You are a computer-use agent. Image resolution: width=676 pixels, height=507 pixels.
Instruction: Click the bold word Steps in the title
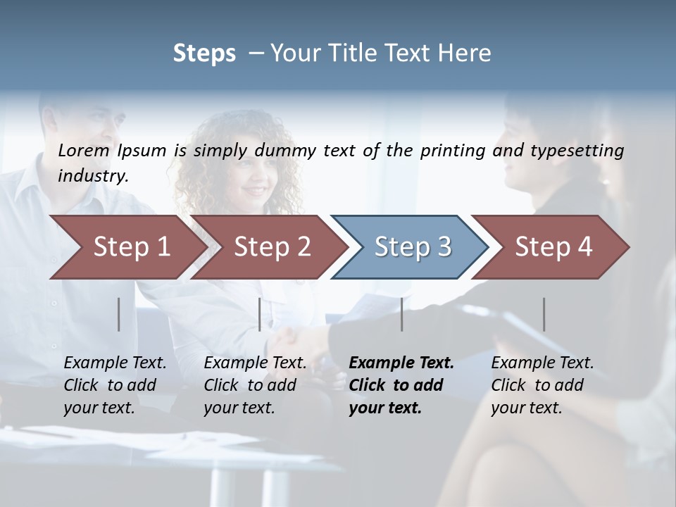(x=204, y=54)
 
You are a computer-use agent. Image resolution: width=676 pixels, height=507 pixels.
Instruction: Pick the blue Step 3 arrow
(x=413, y=247)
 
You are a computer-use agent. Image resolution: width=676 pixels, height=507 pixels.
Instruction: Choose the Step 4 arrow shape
(x=553, y=247)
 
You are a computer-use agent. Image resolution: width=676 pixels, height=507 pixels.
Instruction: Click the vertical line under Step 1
(x=119, y=314)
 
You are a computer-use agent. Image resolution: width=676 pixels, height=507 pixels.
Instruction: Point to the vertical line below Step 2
(x=260, y=314)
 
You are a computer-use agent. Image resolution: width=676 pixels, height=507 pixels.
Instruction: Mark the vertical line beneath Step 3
(x=402, y=314)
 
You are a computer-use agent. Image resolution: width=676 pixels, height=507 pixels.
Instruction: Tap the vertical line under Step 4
(x=544, y=314)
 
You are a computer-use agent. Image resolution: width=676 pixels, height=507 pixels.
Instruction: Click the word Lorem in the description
(x=84, y=150)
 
